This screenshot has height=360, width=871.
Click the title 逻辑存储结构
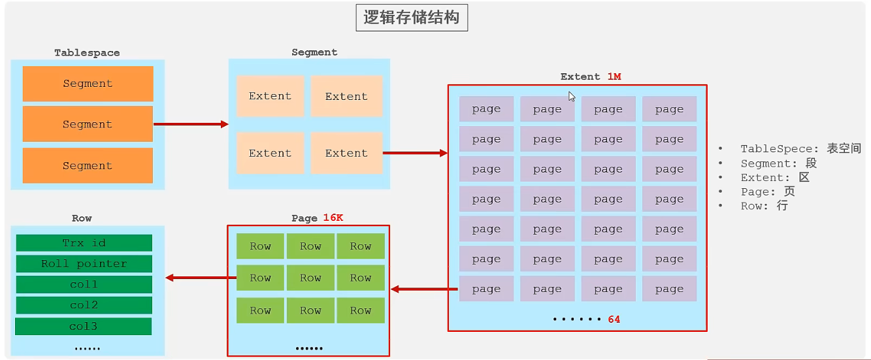click(412, 18)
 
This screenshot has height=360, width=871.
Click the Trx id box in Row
click(84, 243)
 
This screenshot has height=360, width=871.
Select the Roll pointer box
click(84, 264)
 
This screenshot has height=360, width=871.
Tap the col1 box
click(84, 285)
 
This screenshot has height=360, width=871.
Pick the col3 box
click(84, 326)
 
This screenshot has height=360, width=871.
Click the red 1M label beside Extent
click(614, 76)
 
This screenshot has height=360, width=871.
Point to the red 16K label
click(333, 218)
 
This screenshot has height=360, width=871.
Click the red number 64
click(614, 319)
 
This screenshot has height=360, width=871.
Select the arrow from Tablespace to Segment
click(190, 124)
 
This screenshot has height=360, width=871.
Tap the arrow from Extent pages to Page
click(423, 289)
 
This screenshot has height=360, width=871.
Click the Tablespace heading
click(87, 52)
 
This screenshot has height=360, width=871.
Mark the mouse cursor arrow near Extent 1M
click(572, 97)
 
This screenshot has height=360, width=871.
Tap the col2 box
click(84, 305)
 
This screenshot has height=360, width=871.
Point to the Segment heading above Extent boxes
click(314, 52)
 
